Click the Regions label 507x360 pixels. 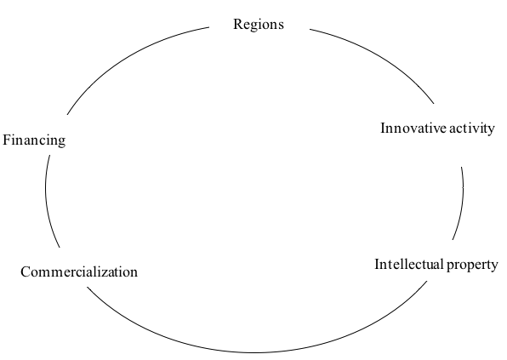point(259,25)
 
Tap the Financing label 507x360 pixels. point(34,140)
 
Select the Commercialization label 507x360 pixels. point(79,271)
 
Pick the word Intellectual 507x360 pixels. point(409,265)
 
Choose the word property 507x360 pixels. point(472,266)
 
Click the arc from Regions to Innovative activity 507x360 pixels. point(379,57)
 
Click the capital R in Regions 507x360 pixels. point(238,24)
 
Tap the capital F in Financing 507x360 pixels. point(7,140)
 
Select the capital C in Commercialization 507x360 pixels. point(26,271)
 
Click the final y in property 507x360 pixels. point(494,267)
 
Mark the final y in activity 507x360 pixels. point(491,131)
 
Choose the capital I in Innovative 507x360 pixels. point(384,128)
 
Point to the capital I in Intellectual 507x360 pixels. point(378,265)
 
